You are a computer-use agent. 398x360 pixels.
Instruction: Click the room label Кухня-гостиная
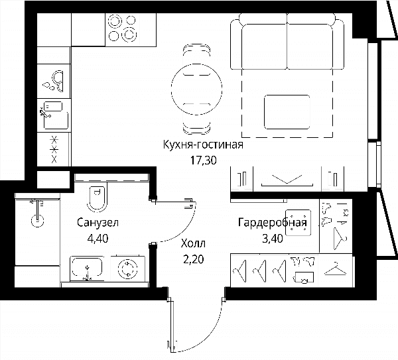tap(203, 145)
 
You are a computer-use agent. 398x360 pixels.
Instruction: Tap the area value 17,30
tap(204, 160)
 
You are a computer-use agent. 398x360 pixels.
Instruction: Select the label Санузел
tap(98, 223)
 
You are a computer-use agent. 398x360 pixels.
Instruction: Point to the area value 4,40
tap(98, 238)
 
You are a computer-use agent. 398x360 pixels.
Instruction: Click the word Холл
tap(193, 244)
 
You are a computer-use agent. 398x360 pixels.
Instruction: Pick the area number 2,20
tap(194, 259)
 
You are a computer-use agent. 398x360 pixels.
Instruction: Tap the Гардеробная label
tap(273, 223)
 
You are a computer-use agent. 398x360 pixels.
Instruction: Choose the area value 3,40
tap(273, 239)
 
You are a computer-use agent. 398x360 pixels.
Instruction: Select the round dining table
tap(197, 89)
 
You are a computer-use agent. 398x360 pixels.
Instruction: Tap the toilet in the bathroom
tap(97, 198)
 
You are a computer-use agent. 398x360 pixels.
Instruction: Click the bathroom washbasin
tap(87, 268)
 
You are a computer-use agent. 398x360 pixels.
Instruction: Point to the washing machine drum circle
tap(128, 269)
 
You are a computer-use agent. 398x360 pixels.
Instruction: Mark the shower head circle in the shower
tap(38, 221)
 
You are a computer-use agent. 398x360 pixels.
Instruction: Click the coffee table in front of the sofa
tap(287, 112)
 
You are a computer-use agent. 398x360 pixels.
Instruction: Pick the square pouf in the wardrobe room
tap(298, 223)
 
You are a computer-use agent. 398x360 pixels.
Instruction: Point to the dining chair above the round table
tap(197, 60)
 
